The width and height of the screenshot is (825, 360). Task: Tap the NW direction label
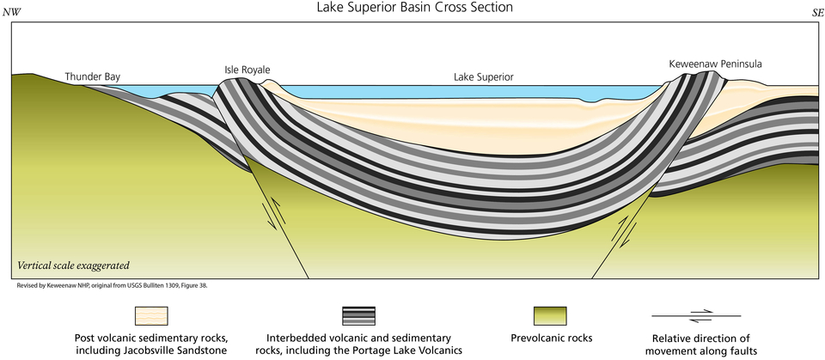coord(13,12)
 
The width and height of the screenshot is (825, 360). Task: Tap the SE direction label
coord(810,12)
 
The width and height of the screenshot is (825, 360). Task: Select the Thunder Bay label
coord(93,77)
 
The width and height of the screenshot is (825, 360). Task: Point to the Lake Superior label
coord(483,77)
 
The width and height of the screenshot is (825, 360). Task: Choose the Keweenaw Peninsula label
coord(715,64)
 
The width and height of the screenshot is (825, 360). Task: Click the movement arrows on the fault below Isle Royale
coord(272,212)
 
